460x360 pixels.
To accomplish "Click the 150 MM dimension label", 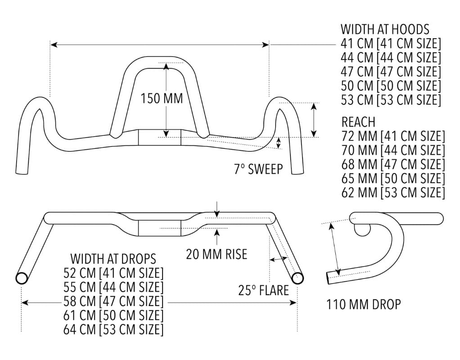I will click(x=162, y=99).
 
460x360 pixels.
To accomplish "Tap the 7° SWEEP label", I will click(x=258, y=169).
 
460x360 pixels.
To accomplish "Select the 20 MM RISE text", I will click(x=216, y=254).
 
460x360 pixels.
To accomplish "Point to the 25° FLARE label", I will click(x=263, y=290).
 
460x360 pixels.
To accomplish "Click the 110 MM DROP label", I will click(x=363, y=305).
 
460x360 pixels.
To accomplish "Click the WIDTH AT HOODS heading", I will click(x=385, y=30).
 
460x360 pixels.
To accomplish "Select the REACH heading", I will click(x=358, y=122).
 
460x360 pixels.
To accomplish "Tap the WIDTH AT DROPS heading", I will click(x=113, y=259).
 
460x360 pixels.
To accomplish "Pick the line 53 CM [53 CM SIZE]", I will click(x=391, y=99).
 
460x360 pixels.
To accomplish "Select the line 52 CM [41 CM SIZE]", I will click(x=114, y=273).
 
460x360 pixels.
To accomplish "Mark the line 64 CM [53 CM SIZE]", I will click(x=114, y=329).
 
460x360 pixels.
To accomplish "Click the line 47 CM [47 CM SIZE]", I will click(x=391, y=72).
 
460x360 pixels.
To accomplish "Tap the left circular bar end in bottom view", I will click(x=22, y=278).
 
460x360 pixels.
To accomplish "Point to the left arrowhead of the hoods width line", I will click(x=53, y=45).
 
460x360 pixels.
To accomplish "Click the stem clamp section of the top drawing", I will click(x=159, y=137).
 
